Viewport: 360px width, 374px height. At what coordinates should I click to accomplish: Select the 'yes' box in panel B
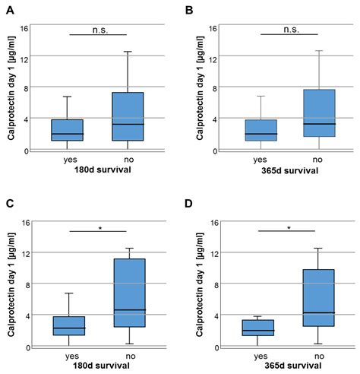click(261, 130)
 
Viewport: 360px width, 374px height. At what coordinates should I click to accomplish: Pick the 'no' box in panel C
click(124, 293)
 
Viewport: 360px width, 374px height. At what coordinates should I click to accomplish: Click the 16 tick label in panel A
click(24, 29)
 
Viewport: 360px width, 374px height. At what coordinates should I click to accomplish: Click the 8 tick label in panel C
click(27, 285)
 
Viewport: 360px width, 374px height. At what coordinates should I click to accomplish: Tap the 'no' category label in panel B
click(317, 160)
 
